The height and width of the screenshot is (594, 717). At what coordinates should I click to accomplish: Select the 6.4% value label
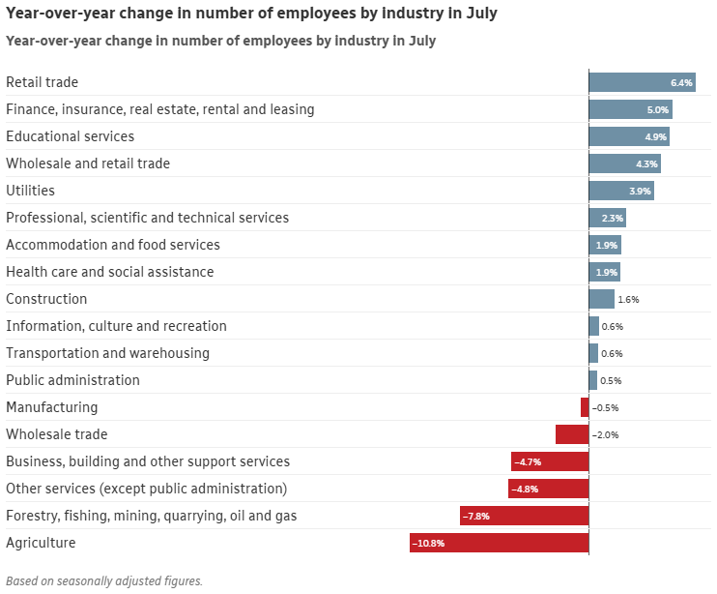click(x=682, y=83)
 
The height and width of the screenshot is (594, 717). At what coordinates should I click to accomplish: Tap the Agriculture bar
click(x=499, y=543)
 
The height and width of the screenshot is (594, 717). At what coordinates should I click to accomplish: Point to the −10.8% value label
click(x=428, y=544)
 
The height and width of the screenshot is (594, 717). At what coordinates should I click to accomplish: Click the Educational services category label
click(x=70, y=136)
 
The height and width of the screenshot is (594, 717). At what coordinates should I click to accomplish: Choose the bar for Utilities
click(x=621, y=191)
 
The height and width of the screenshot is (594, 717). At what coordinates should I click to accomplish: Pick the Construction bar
click(x=601, y=299)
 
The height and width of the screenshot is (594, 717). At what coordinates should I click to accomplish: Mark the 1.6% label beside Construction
click(x=628, y=300)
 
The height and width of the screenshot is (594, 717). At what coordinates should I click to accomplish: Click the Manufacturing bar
click(x=585, y=407)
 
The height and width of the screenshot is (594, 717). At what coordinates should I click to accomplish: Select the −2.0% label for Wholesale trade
click(x=605, y=435)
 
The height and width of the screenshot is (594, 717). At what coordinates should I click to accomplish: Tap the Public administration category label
click(x=72, y=380)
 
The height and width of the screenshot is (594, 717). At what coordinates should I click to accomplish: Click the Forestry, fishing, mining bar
click(x=524, y=516)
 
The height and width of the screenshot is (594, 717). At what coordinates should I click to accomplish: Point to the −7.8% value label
click(x=476, y=517)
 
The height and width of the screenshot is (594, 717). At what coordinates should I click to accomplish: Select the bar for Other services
click(x=548, y=489)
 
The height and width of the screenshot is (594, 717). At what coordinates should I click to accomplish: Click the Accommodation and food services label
click(x=113, y=245)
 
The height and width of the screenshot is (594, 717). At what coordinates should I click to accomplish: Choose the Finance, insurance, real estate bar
click(x=630, y=109)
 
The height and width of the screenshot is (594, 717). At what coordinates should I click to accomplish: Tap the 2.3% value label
click(x=613, y=219)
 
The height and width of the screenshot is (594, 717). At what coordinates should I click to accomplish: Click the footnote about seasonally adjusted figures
click(x=104, y=581)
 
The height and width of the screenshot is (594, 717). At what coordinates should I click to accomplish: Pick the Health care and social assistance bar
click(x=604, y=272)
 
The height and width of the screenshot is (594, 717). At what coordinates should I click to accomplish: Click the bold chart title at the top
click(x=252, y=14)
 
